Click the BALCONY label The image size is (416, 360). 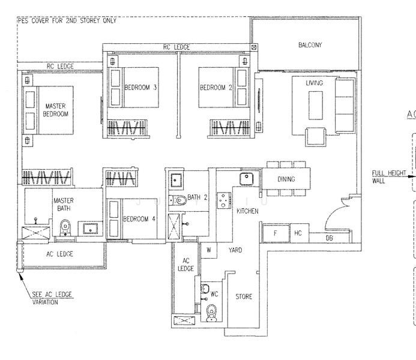tap(310, 45)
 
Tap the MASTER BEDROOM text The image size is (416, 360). tap(55, 110)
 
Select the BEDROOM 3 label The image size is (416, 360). tap(140, 88)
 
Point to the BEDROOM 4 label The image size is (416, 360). tap(139, 219)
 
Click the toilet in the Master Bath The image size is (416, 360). tap(65, 227)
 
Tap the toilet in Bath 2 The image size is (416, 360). tap(178, 200)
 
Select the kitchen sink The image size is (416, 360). tap(247, 179)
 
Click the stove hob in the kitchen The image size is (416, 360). tap(224, 200)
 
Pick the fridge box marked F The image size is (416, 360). tap(276, 233)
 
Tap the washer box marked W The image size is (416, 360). tap(209, 250)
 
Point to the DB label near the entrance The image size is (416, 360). tap(329, 238)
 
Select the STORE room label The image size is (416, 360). tap(244, 296)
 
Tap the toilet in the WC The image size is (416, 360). tap(211, 313)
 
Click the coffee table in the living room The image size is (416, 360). tap(316, 106)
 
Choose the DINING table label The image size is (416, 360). tap(286, 179)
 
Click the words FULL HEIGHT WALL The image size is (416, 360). tap(389, 177)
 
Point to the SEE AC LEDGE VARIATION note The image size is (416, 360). tap(52, 298)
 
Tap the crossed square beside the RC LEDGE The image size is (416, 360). tap(254, 47)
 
